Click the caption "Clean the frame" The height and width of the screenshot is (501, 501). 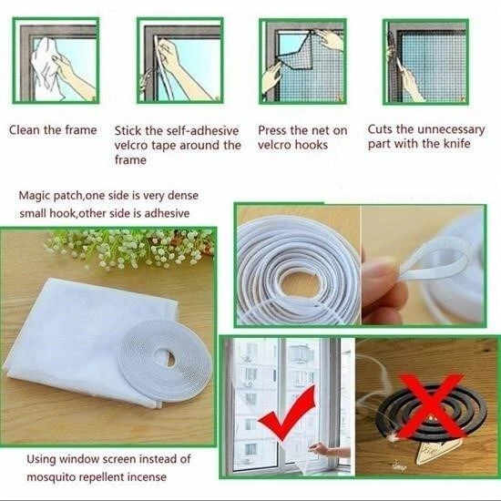(53, 129)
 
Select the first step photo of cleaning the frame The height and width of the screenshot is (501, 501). (59, 60)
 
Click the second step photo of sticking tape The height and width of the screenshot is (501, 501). (179, 60)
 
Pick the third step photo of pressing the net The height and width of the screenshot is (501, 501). (302, 60)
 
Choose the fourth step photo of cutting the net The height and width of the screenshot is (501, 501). (424, 60)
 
